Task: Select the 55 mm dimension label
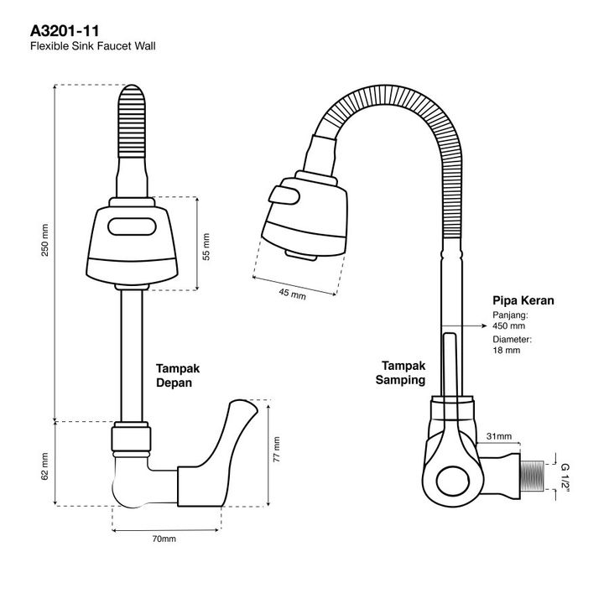pyautogui.click(x=206, y=243)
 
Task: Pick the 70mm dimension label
pyautogui.click(x=164, y=539)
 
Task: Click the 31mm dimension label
pyautogui.click(x=499, y=435)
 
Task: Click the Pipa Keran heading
pyautogui.click(x=523, y=299)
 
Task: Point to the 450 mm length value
pyautogui.click(x=508, y=325)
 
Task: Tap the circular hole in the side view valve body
pyautogui.click(x=455, y=481)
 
